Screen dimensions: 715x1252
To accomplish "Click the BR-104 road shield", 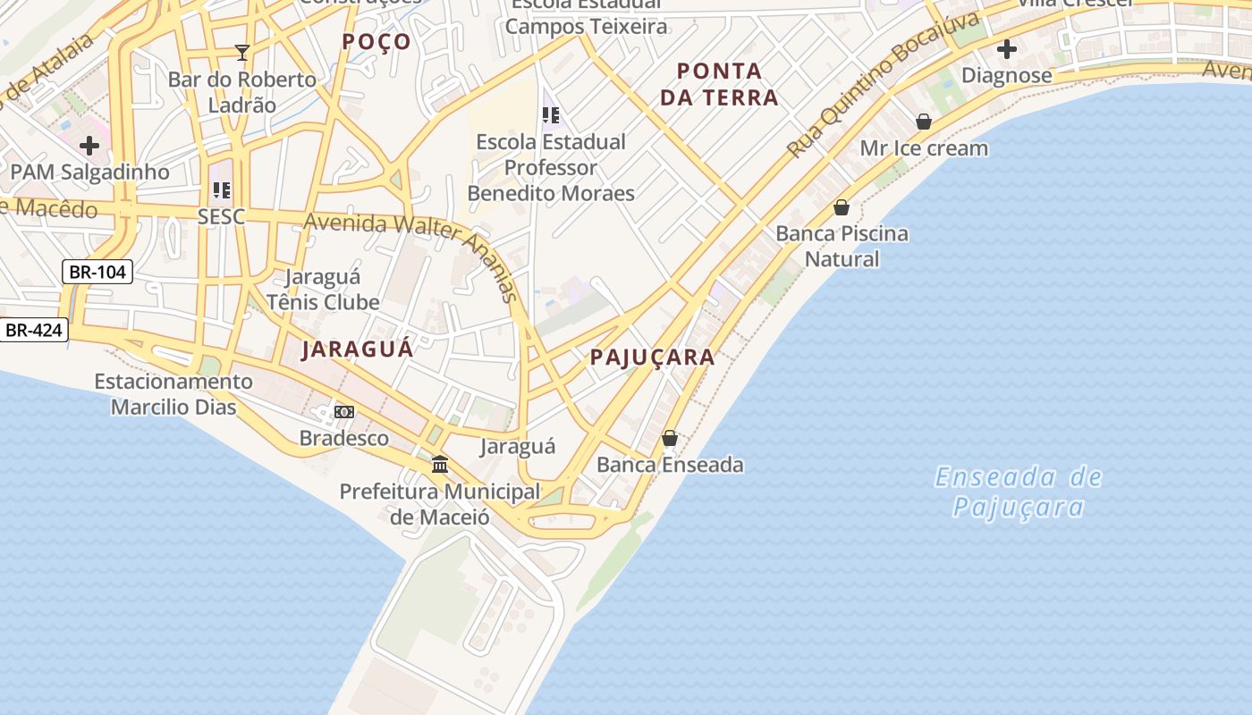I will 97,272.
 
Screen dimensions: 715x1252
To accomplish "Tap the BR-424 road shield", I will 34,330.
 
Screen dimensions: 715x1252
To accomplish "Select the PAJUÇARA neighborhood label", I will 652,357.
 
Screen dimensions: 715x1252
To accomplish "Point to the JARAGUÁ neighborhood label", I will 358,349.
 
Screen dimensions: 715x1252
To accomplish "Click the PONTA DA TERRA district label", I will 719,84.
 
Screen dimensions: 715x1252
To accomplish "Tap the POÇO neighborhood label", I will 376,41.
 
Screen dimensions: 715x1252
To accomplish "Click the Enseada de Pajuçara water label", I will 1018,492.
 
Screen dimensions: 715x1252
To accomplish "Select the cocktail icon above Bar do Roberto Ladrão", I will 241,53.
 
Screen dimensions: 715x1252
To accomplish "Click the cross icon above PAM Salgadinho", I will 89,145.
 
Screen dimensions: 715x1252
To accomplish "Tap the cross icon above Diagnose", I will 1007,49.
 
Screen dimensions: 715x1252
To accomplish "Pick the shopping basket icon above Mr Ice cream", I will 924,122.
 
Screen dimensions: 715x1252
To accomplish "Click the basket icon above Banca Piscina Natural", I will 842,207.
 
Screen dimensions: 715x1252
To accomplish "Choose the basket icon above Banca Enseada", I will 670,438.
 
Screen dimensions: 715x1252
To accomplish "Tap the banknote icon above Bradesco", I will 344,412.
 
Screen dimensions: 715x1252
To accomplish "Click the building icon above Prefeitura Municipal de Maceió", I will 440,465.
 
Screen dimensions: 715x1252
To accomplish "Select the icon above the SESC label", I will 221,189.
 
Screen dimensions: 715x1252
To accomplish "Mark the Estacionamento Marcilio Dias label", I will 173,394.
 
